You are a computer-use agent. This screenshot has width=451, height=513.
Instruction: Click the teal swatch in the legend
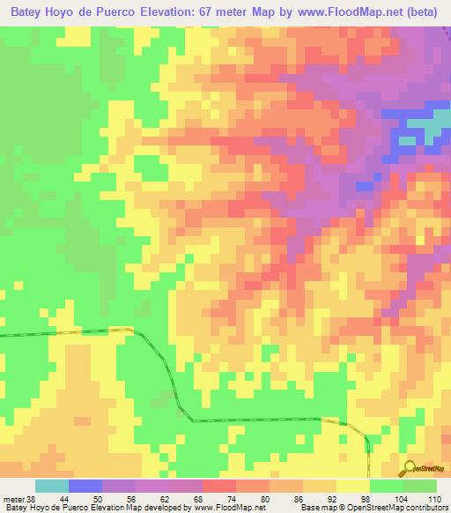(52, 487)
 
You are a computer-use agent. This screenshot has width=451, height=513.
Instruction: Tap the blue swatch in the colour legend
(85, 487)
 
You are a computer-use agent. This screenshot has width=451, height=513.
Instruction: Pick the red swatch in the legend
(219, 487)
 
